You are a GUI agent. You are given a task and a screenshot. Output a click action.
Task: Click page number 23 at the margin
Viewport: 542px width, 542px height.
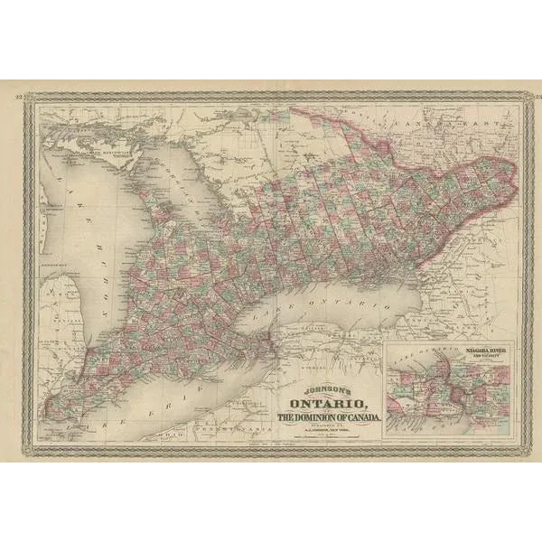click(523, 94)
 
